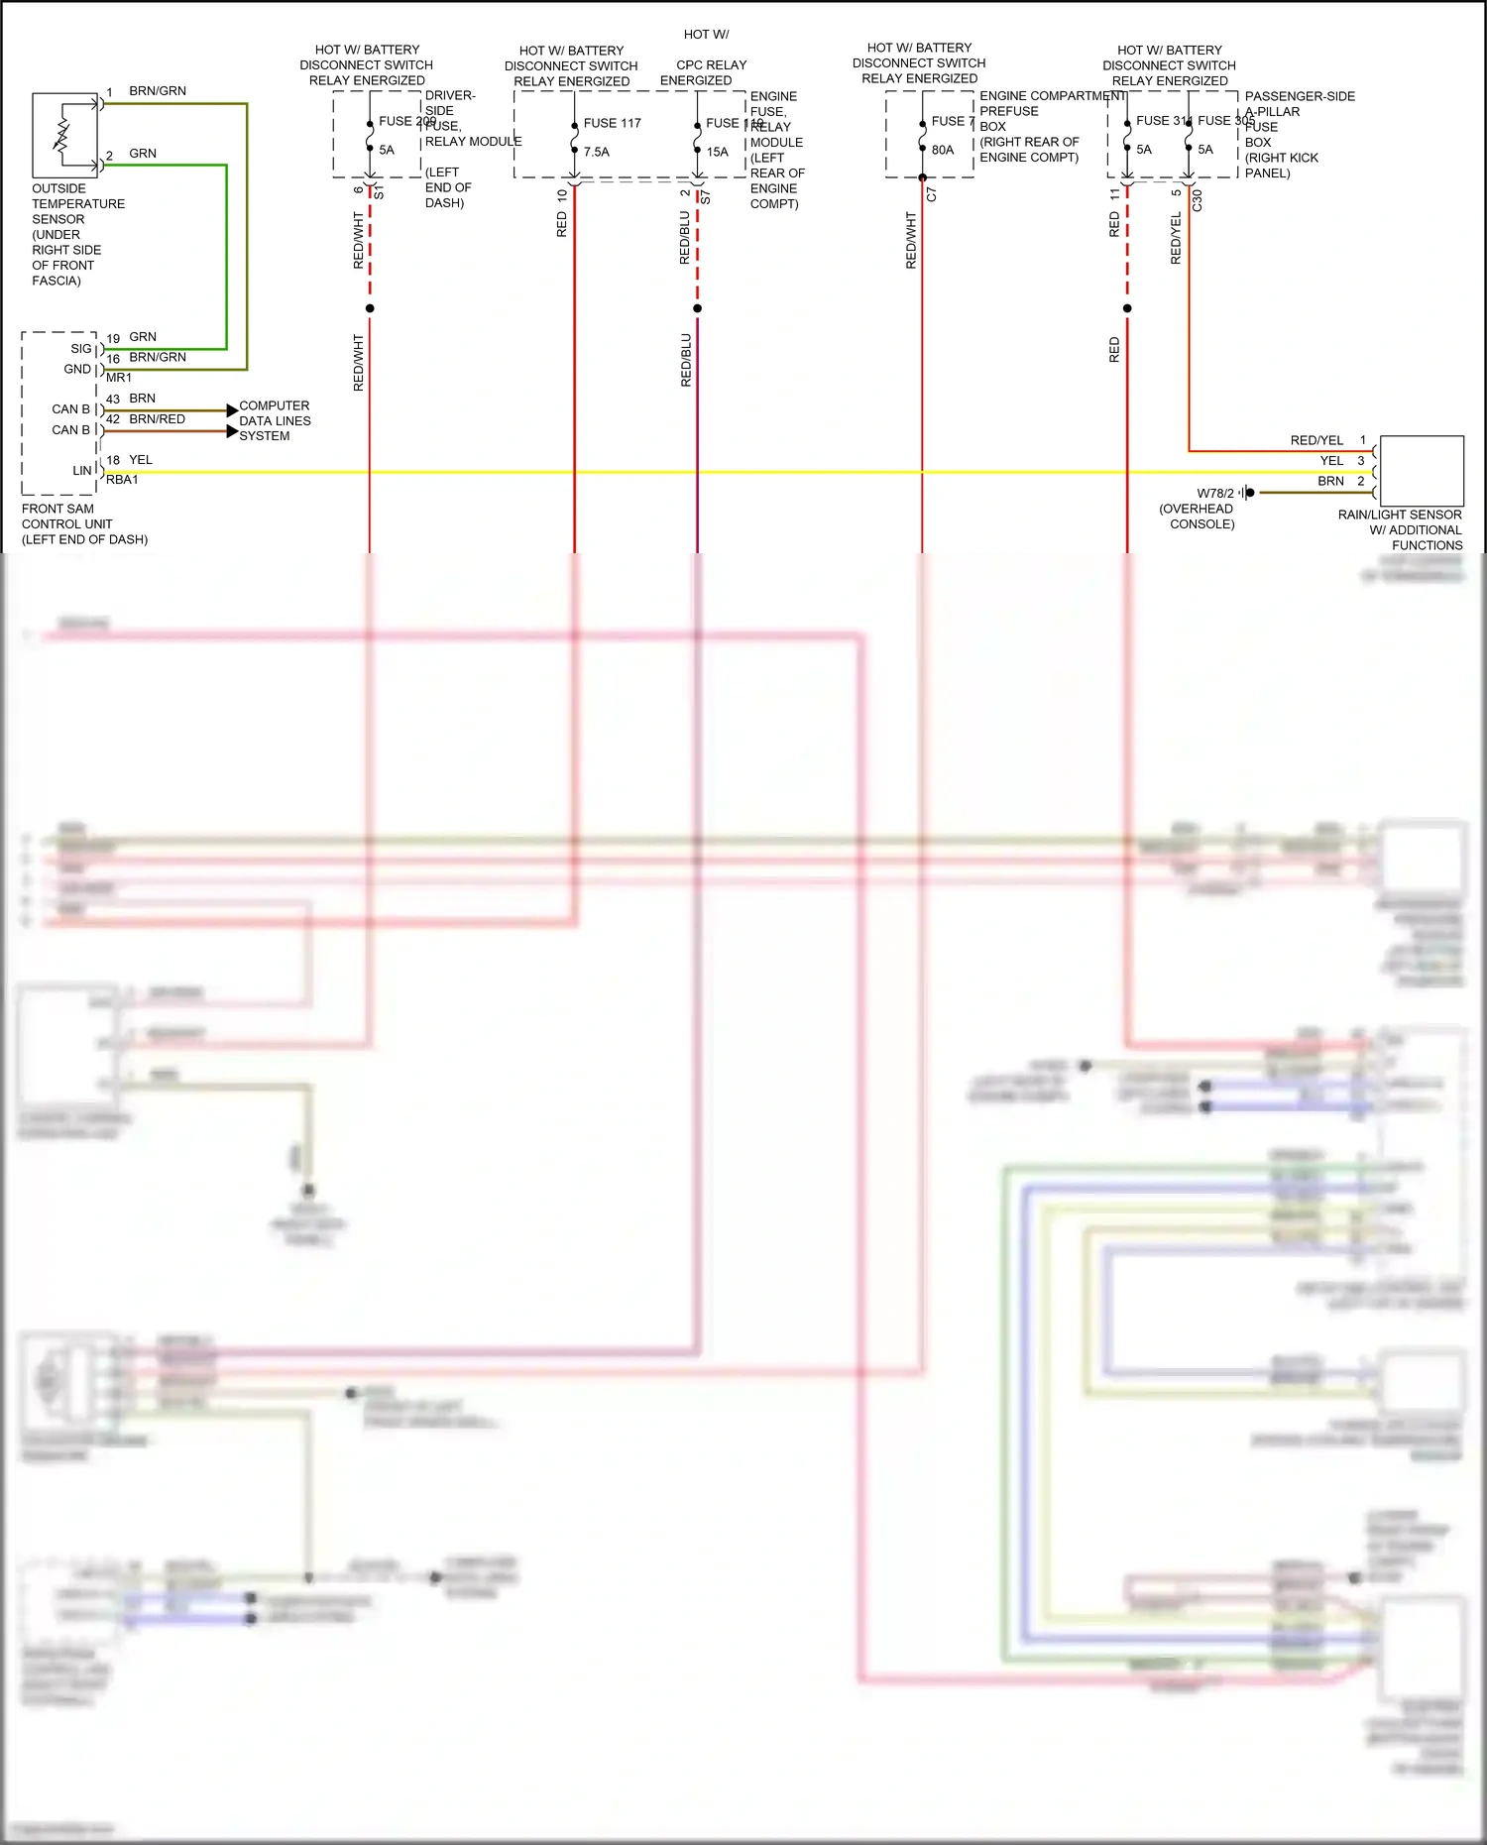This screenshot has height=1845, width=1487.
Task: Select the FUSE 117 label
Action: point(612,123)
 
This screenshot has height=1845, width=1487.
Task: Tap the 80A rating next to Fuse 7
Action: point(942,150)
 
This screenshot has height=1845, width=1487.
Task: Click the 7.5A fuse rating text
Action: point(596,152)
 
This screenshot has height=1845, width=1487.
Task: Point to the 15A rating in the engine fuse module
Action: point(717,152)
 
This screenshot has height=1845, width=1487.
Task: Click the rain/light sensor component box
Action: point(1422,471)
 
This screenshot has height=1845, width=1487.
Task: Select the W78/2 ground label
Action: point(1214,493)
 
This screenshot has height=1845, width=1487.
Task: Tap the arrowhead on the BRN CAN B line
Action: point(232,409)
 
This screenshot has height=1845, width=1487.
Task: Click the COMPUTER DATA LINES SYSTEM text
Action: point(275,420)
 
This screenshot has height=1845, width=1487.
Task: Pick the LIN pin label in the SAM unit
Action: point(82,471)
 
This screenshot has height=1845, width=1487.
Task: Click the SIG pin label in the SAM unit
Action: point(81,348)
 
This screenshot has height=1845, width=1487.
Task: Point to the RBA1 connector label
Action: point(122,480)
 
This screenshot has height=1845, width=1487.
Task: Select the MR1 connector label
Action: point(119,378)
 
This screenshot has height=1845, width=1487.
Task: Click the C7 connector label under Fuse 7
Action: point(931,195)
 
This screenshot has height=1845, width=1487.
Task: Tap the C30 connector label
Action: point(1197,199)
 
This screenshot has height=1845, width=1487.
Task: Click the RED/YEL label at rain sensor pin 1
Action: point(1315,440)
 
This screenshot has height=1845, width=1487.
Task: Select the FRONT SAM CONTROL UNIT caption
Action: point(84,523)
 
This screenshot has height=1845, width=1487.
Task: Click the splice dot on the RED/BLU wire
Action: point(697,308)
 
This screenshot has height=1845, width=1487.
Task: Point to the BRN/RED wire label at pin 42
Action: point(157,419)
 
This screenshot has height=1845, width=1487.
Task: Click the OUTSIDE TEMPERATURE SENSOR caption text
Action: point(77,234)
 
